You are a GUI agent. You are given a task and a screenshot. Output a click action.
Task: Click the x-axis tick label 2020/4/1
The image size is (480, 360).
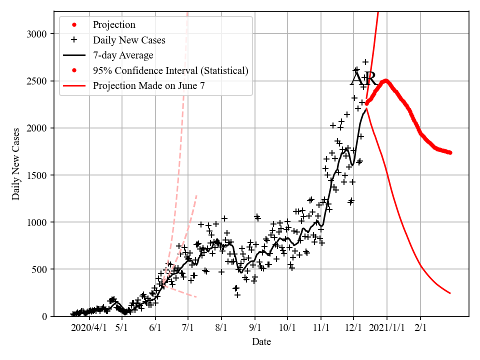tap(88, 327)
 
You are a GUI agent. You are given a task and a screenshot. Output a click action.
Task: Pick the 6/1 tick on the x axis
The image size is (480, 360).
tap(155, 327)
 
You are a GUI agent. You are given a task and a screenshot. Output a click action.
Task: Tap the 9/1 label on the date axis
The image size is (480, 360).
tap(254, 327)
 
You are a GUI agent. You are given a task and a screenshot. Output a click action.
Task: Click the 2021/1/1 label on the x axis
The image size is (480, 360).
tap(386, 327)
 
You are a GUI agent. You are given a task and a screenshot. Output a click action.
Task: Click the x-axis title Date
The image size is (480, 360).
tap(261, 342)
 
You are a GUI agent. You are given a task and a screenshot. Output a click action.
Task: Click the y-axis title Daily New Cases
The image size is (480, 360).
tap(16, 164)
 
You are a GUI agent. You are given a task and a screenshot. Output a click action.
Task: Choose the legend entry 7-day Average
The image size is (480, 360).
tap(123, 55)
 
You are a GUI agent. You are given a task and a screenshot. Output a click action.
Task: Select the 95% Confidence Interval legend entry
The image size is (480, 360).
tap(170, 70)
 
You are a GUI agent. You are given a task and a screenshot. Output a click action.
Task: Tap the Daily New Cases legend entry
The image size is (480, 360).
tap(129, 40)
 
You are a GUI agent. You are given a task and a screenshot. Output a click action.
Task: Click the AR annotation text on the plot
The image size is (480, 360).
tap(363, 79)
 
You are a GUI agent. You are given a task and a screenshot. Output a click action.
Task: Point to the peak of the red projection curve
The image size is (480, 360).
tap(385, 80)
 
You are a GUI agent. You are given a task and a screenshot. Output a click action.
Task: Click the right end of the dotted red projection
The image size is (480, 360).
tap(450, 152)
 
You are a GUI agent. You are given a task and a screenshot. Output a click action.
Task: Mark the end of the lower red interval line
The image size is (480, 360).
tap(450, 293)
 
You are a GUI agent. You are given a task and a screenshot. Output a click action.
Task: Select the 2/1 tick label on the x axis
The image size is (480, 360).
tap(420, 327)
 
